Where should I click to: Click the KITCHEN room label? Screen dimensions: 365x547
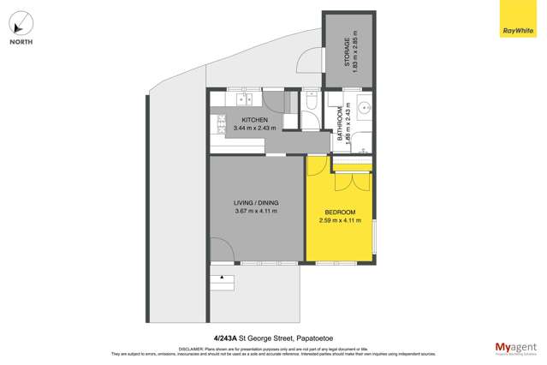point(255,120)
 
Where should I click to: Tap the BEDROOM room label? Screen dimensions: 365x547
point(340,212)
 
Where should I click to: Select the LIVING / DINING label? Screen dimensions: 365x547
point(256,202)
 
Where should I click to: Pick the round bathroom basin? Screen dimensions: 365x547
point(365,109)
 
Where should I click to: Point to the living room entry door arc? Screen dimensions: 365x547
point(221,249)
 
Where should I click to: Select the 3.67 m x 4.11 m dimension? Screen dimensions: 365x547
point(256,212)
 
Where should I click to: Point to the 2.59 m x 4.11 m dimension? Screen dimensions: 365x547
point(340,220)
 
